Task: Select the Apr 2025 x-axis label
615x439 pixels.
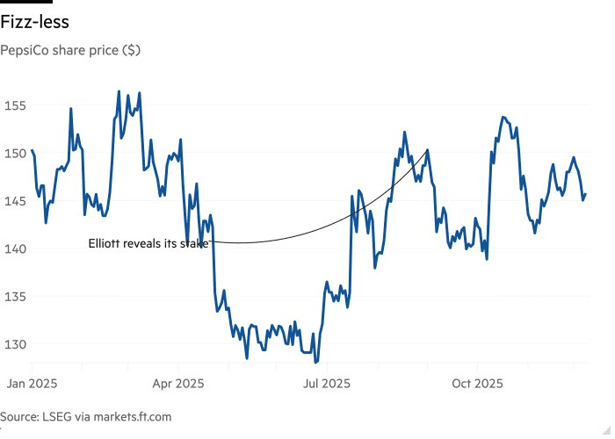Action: pos(177,384)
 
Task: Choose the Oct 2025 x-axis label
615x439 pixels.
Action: pos(477,384)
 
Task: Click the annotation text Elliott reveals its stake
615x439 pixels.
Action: pos(148,243)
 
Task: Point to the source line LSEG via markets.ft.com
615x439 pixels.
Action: pos(86,417)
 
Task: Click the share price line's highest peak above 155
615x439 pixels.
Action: pos(119,91)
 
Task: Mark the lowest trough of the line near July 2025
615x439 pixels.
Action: pos(315,360)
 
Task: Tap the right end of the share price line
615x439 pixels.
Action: pos(585,194)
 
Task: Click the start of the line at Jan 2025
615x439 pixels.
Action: pos(32,151)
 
